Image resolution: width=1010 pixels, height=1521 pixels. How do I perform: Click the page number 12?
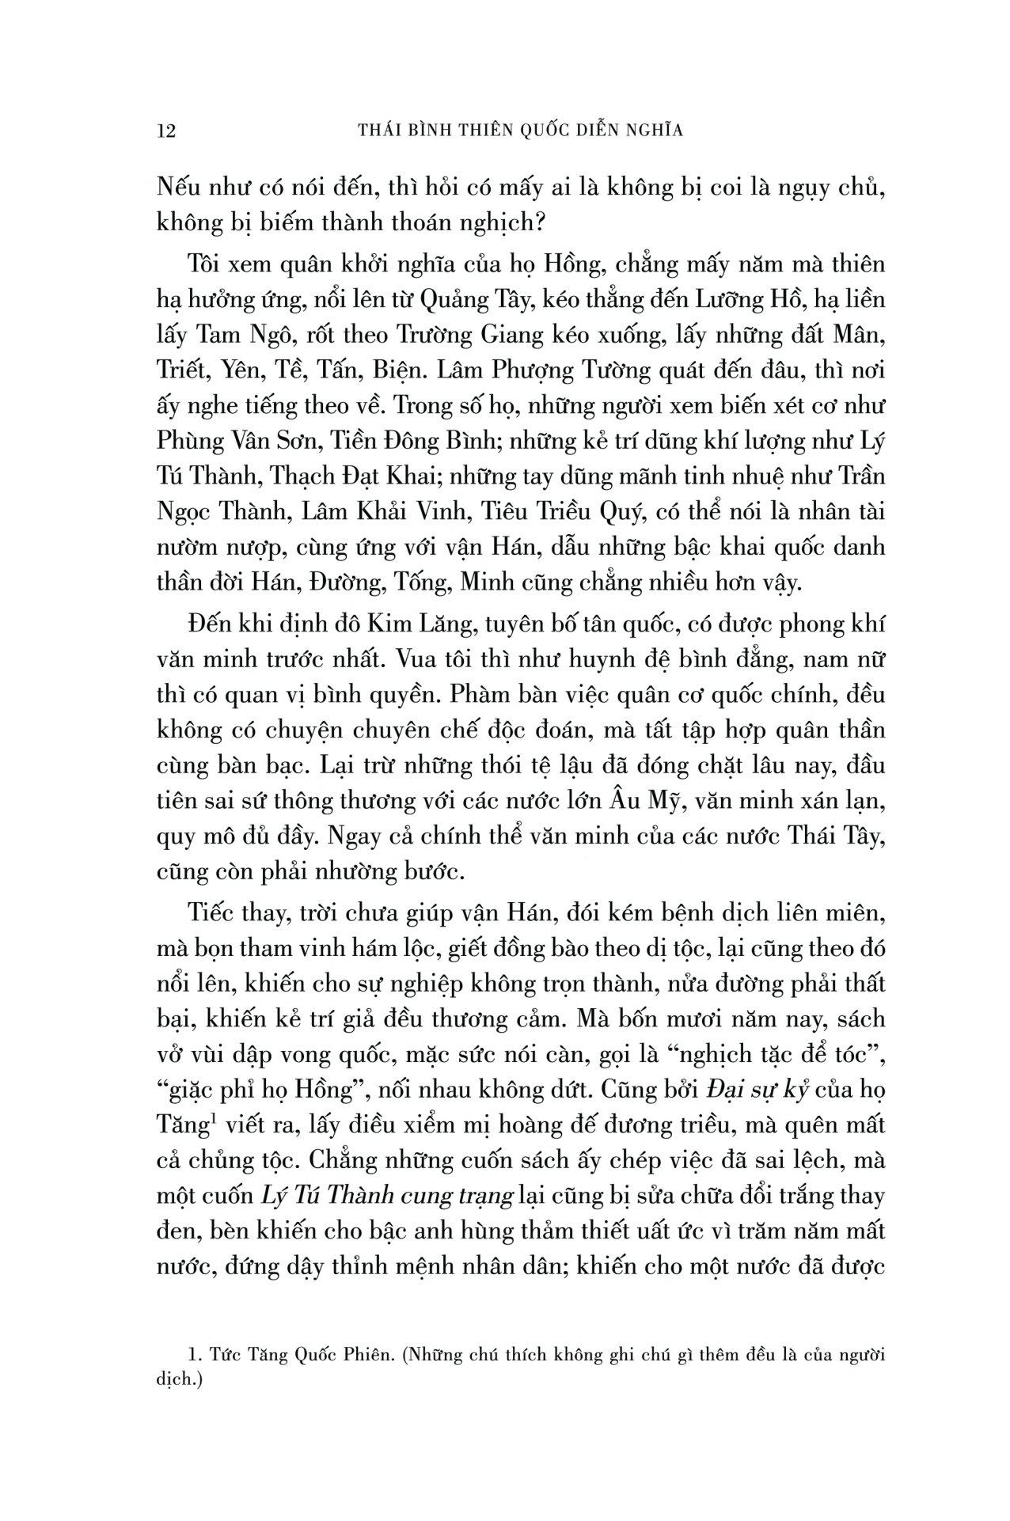pyautogui.click(x=166, y=131)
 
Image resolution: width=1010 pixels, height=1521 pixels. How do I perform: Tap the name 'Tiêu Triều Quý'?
pyautogui.click(x=560, y=510)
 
